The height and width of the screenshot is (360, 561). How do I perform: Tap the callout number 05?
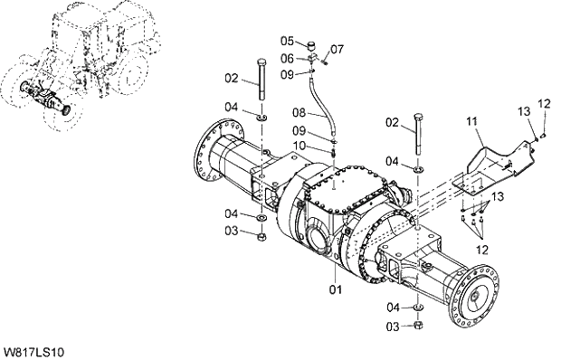point(287,41)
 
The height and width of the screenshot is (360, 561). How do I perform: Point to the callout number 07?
point(337,48)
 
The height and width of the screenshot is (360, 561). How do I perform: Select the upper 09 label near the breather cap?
point(287,73)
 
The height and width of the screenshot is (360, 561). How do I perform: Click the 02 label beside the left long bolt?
point(232,78)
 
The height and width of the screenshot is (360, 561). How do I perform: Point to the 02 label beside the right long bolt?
point(391,122)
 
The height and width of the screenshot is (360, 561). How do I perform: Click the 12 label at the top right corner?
point(544,104)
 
